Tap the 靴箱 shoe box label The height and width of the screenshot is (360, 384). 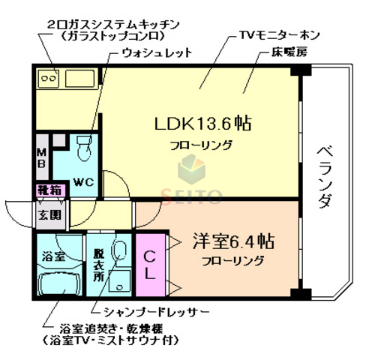coord(49,192)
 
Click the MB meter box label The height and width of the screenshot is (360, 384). coord(42,157)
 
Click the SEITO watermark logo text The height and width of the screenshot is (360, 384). coord(193,197)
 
